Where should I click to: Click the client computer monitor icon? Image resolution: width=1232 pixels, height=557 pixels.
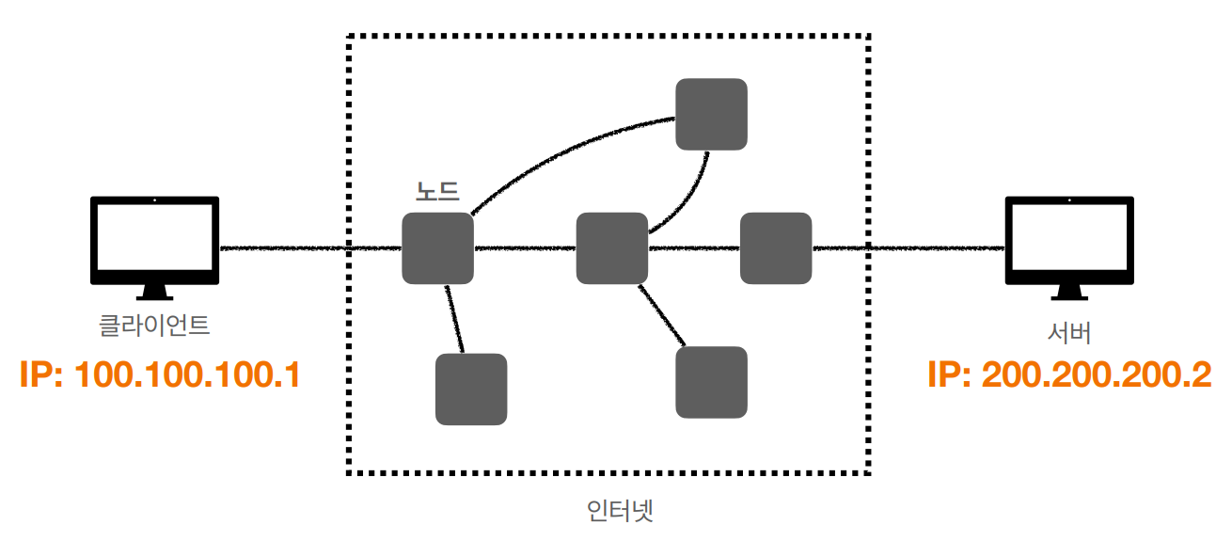(x=154, y=241)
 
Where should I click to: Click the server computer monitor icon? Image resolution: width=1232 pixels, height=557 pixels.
(x=1069, y=241)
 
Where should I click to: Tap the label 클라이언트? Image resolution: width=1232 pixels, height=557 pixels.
(x=154, y=326)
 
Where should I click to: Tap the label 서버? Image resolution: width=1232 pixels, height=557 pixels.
(x=1069, y=332)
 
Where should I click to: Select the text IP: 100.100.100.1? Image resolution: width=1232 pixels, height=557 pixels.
(x=159, y=375)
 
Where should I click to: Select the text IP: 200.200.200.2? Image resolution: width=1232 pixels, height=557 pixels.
(x=1069, y=375)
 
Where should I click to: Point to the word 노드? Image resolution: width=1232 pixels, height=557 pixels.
(x=437, y=191)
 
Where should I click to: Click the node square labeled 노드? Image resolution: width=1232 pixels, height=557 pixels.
(x=437, y=248)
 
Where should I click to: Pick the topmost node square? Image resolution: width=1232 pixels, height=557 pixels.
(x=712, y=114)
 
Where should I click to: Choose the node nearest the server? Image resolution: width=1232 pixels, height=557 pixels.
(x=776, y=248)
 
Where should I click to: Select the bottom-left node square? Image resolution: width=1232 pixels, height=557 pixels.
(x=471, y=389)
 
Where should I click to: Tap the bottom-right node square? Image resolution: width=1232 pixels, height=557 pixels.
(x=712, y=382)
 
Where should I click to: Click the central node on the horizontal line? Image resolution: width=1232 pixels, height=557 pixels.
(x=612, y=248)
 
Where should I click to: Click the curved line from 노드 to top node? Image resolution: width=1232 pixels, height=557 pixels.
(x=564, y=146)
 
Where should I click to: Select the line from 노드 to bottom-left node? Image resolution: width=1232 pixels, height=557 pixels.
(x=455, y=319)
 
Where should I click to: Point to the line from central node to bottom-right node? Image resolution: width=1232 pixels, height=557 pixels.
(x=661, y=314)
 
